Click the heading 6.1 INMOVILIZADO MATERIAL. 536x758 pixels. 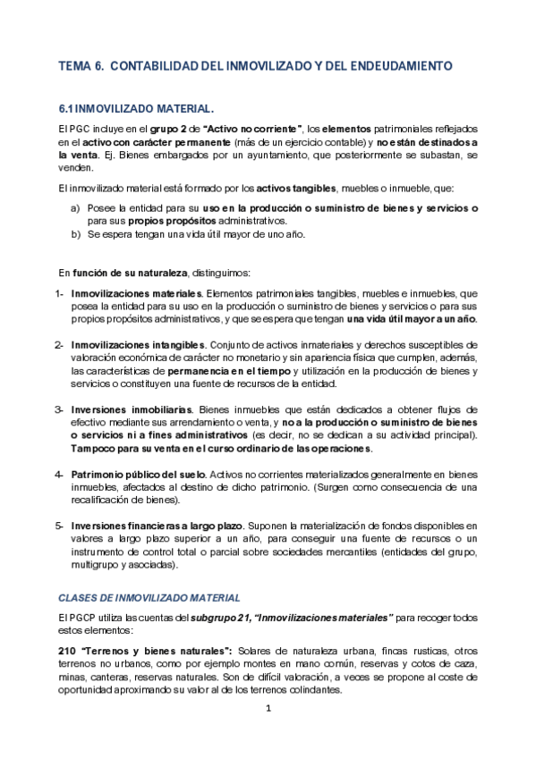(x=135, y=107)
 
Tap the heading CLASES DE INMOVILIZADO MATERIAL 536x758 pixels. (x=149, y=597)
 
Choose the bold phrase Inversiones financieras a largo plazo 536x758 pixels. (x=166, y=526)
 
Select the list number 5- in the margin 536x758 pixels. (x=60, y=526)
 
